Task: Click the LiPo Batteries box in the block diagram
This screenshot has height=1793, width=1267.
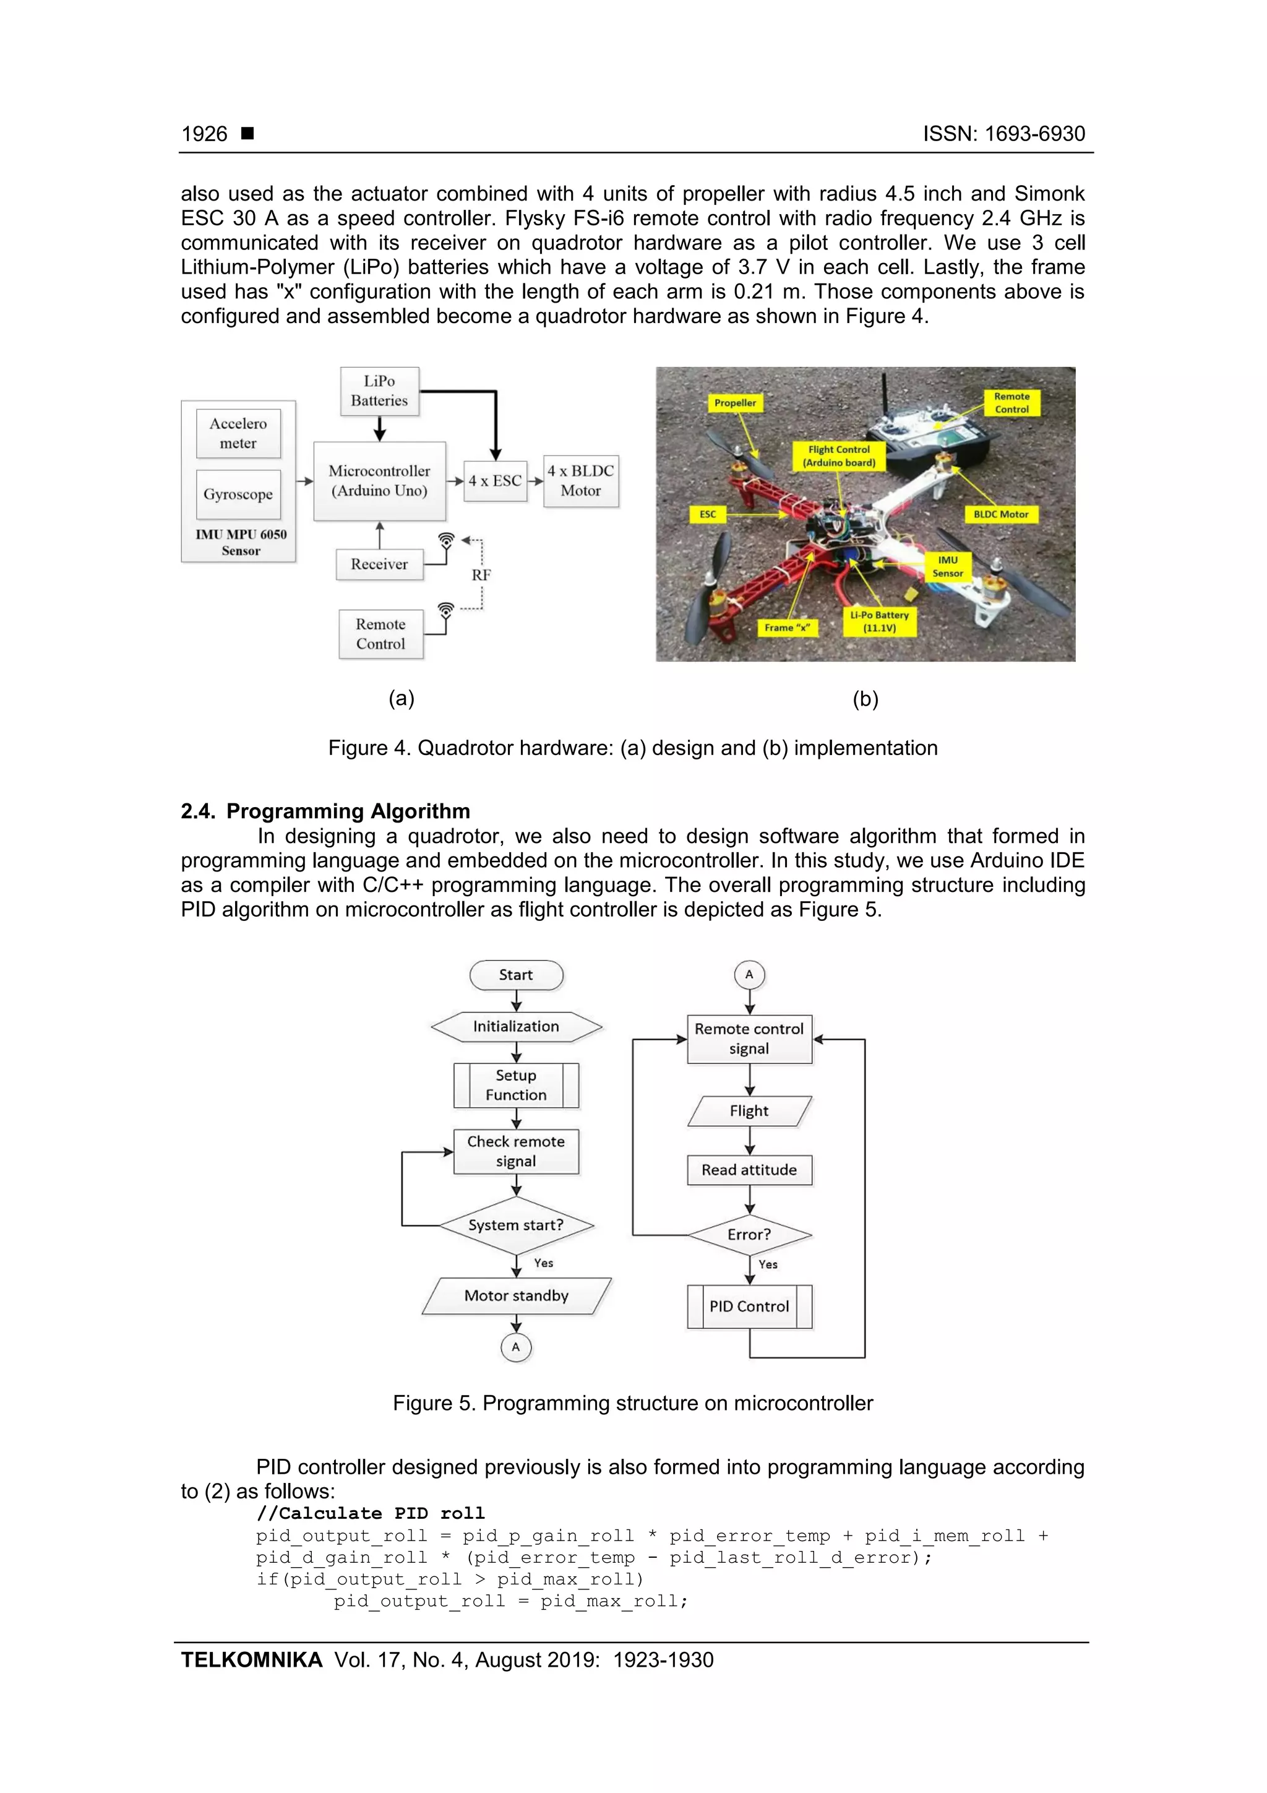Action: tap(379, 391)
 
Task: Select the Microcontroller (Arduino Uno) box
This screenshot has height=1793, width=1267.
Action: tap(379, 481)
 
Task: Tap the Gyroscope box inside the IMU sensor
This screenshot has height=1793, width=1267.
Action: tap(238, 495)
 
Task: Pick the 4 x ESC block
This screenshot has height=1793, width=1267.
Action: tap(495, 481)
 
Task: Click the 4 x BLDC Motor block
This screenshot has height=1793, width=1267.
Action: tap(581, 481)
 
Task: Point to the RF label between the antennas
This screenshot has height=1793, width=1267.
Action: tap(481, 575)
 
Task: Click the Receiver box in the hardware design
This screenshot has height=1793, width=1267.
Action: tap(379, 564)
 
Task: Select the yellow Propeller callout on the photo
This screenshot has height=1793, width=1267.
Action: tap(734, 403)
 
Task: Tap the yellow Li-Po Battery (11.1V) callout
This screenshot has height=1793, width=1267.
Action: tap(879, 621)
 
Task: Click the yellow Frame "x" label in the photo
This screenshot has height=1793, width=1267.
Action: tap(787, 627)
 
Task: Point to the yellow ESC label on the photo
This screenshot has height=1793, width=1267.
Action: tap(707, 514)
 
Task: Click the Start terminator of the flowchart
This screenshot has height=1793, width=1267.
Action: tap(516, 975)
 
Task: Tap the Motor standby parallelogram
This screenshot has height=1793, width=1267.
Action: tap(516, 1295)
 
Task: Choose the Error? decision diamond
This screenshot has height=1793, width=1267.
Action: tap(749, 1235)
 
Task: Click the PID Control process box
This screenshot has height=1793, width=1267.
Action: tap(749, 1307)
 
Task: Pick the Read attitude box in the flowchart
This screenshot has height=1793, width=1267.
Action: tap(749, 1170)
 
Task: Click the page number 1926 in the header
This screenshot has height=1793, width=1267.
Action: tap(205, 134)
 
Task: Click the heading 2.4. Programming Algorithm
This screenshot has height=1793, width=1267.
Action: tap(325, 811)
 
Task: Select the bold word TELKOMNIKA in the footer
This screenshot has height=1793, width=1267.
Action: tap(251, 1659)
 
